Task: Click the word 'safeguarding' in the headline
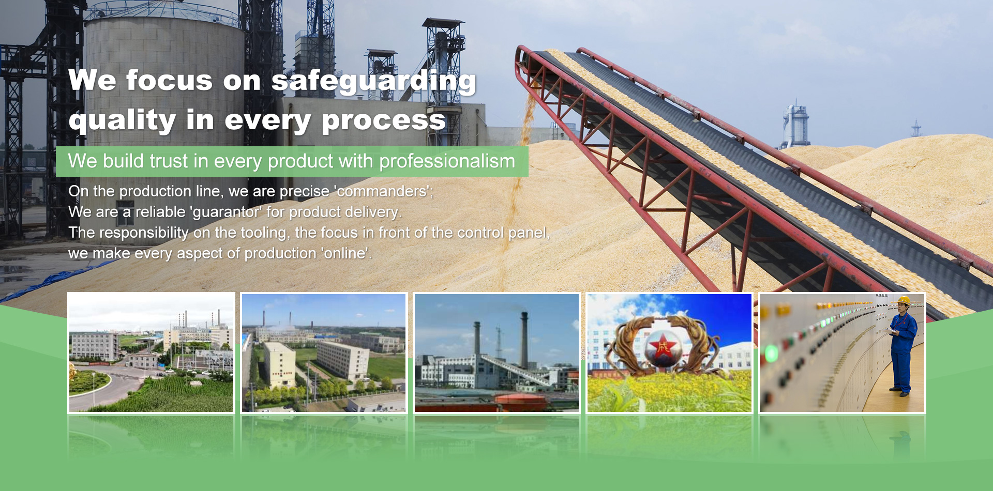(x=373, y=82)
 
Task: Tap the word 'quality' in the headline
(x=123, y=120)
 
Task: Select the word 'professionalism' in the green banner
(x=447, y=162)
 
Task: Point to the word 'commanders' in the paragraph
(x=382, y=191)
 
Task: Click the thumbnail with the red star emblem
(x=669, y=353)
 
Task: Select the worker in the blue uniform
(x=903, y=346)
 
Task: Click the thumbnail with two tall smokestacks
(x=496, y=353)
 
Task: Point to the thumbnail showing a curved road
(x=151, y=353)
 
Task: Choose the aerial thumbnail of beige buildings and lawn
(x=324, y=353)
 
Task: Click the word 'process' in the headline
(x=383, y=120)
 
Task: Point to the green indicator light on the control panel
(x=771, y=354)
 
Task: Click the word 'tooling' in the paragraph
(x=263, y=233)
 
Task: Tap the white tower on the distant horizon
(x=795, y=124)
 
